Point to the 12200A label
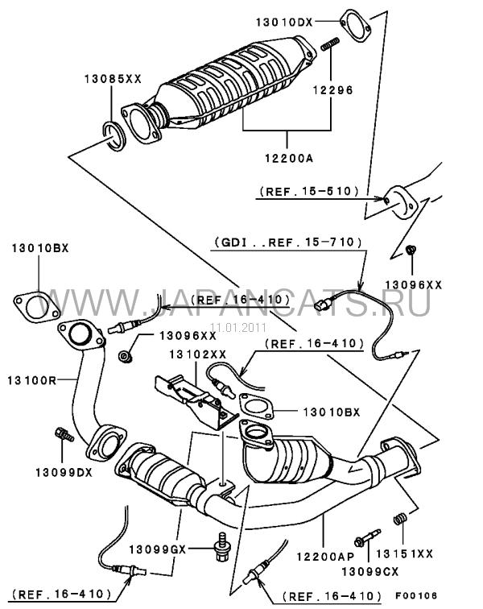click(x=288, y=158)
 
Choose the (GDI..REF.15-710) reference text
click(x=287, y=241)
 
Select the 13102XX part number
click(x=198, y=354)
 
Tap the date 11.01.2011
click(x=237, y=327)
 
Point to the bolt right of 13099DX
click(x=64, y=436)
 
